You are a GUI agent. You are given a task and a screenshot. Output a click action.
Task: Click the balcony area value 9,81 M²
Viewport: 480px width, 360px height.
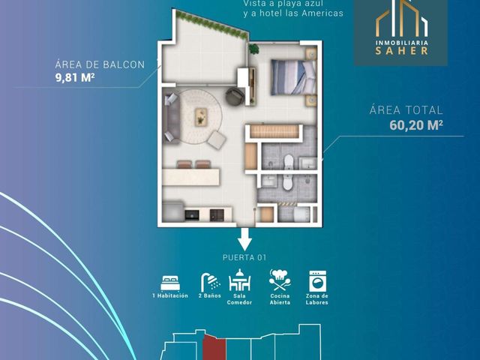[75, 78]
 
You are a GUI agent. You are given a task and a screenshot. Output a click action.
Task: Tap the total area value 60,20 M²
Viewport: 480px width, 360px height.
[416, 125]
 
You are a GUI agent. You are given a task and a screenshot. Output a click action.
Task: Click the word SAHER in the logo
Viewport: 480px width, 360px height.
[401, 51]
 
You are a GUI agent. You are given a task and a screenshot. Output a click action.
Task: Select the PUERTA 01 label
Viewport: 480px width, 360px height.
[244, 257]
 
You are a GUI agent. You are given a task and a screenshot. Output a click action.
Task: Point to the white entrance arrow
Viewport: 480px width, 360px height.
[245, 239]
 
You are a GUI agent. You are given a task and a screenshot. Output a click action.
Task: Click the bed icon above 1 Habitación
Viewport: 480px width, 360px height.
[170, 283]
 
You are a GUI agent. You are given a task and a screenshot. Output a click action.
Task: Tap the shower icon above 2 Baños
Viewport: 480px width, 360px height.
[210, 282]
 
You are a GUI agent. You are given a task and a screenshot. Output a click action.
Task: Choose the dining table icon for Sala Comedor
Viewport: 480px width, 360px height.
[239, 280]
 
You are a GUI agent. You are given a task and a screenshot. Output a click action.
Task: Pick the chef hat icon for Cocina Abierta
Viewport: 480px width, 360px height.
[280, 280]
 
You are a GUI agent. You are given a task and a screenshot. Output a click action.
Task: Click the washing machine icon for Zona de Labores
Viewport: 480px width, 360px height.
[317, 280]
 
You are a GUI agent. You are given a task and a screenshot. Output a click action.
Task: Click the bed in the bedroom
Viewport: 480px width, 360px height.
[293, 77]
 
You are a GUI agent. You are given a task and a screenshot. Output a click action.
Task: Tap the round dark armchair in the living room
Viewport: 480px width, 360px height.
[235, 97]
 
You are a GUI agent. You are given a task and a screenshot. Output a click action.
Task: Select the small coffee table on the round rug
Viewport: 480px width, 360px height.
[201, 117]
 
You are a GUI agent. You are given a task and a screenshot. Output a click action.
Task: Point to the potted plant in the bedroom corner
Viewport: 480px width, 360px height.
[253, 49]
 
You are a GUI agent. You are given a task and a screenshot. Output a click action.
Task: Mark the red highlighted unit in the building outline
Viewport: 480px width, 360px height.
[215, 348]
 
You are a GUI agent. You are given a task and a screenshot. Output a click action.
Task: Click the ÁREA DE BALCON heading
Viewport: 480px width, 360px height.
[100, 64]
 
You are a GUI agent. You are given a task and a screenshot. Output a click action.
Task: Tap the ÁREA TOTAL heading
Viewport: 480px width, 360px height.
[406, 110]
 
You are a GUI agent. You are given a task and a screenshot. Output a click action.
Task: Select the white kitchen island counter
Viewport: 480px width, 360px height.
[191, 177]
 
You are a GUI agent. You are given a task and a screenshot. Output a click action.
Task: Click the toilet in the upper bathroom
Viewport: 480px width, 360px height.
[289, 162]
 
